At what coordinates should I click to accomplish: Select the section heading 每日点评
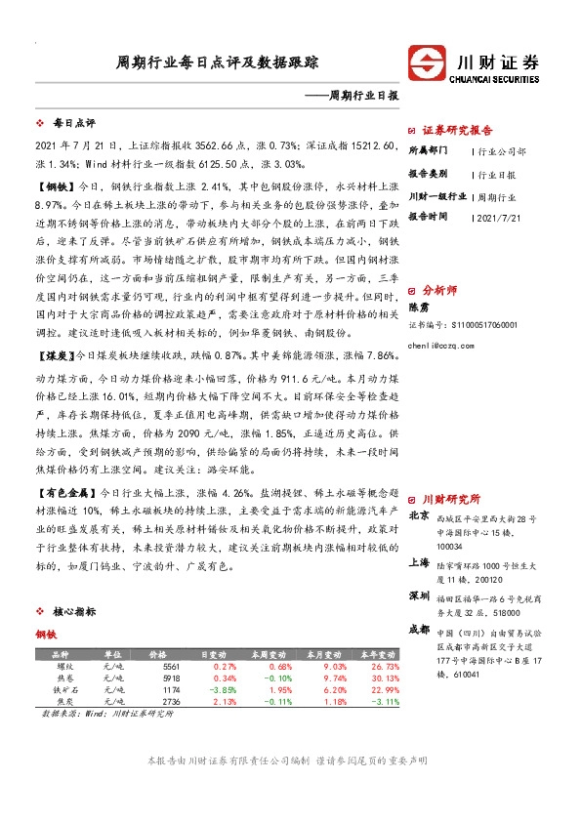74,124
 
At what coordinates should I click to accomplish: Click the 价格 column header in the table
157,653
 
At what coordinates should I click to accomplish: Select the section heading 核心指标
74,612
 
